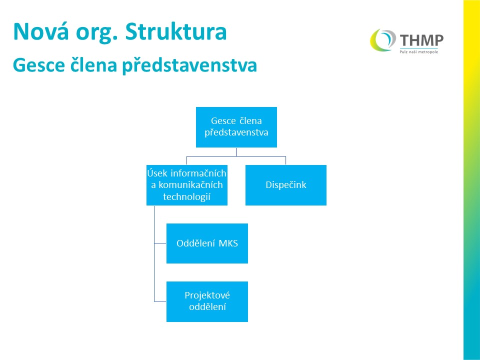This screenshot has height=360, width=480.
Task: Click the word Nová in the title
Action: pos(41,31)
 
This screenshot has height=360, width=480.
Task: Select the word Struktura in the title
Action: pos(176,31)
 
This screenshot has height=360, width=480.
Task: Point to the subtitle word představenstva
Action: pos(189,65)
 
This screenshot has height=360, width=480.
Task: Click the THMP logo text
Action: pos(421,40)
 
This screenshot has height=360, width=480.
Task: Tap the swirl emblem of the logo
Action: pos(382,40)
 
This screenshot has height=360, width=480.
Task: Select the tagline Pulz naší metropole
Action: pos(419,52)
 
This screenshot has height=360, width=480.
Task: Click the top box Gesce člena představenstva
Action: pos(236,127)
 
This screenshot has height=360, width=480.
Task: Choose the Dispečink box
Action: pos(286,185)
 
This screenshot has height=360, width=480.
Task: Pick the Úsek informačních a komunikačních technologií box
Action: pos(187,185)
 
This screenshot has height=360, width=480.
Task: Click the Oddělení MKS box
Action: pos(207,243)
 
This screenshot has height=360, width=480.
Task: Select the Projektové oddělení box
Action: pos(207,301)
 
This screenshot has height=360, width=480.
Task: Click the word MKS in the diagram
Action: pos(228,243)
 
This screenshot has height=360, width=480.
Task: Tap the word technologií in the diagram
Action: pos(186,196)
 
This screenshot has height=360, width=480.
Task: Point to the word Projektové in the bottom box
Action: pos(207,295)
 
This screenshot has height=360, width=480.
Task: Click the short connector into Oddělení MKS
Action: pos(160,243)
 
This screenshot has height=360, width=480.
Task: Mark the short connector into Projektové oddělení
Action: pos(160,302)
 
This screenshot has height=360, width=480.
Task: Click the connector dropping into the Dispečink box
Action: pos(285,160)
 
